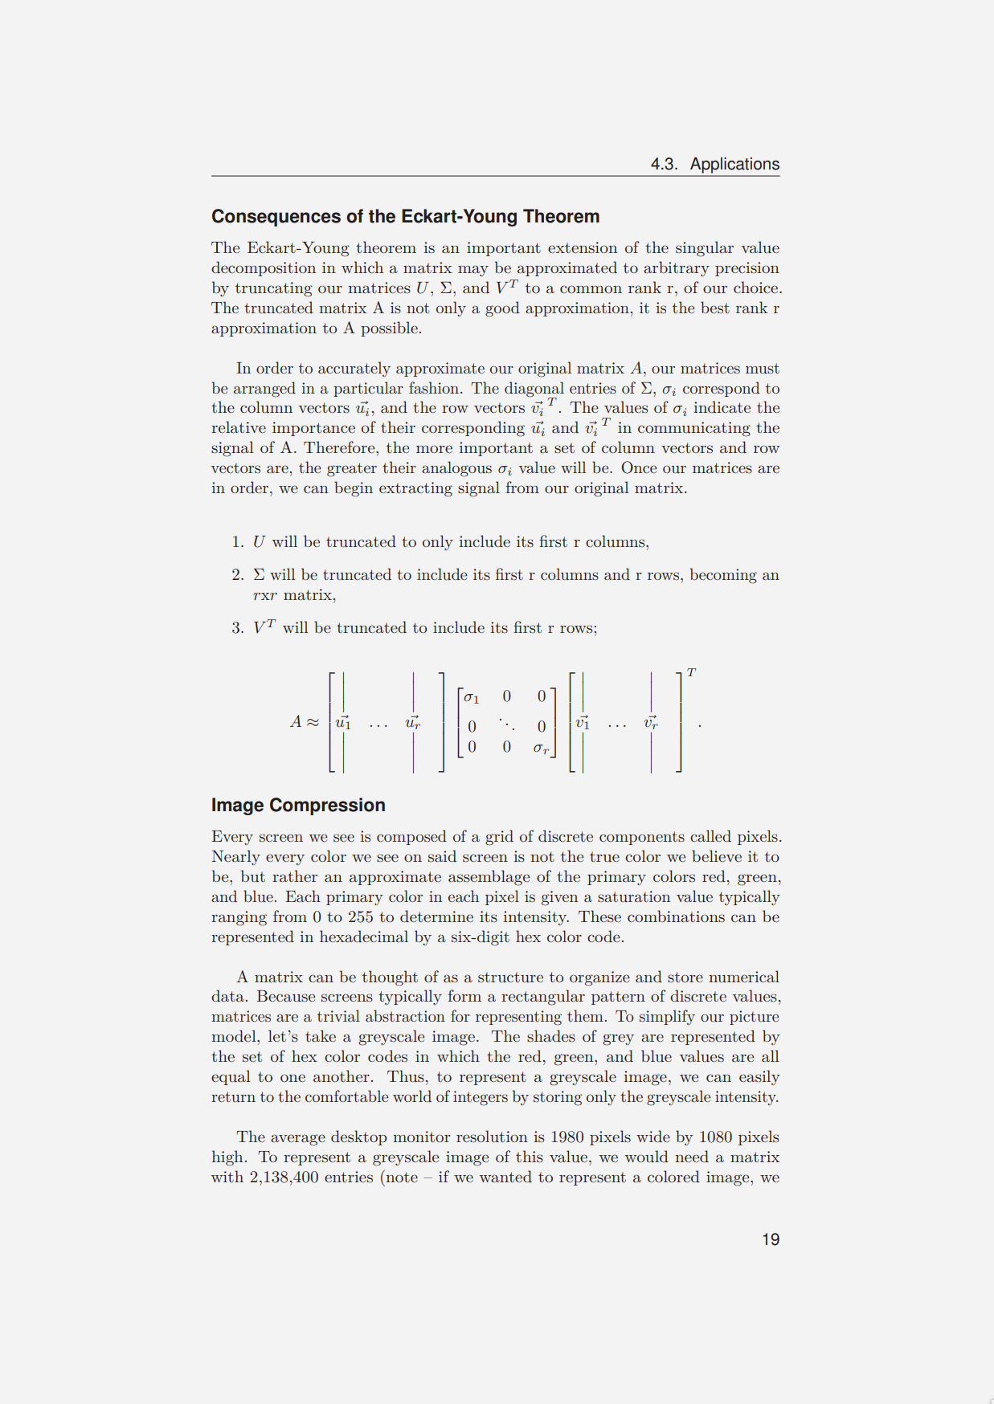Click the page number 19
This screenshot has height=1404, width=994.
770,1239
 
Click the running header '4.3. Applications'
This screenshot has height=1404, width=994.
714,164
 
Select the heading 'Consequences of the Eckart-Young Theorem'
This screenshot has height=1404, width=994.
405,217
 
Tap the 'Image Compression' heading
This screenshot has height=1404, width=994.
298,806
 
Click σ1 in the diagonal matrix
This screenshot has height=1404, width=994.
472,697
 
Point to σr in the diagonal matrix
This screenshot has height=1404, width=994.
541,749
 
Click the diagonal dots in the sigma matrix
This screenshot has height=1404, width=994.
506,724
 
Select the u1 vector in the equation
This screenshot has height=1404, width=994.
343,722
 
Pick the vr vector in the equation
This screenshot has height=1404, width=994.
651,722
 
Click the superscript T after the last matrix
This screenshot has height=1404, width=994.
691,672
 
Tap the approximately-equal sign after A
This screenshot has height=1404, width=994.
313,722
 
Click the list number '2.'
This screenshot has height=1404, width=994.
237,575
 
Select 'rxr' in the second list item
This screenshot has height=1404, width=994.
264,595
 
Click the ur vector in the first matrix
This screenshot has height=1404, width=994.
413,722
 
